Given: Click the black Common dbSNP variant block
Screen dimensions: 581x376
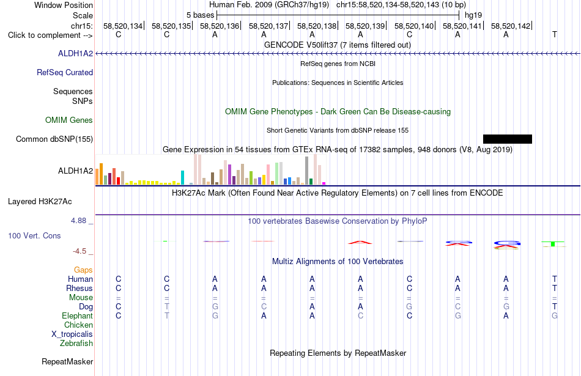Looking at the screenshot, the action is pos(507,139).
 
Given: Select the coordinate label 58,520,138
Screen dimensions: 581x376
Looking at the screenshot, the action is pos(316,26).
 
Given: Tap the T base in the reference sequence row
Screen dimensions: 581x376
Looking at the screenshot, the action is pos(554,34).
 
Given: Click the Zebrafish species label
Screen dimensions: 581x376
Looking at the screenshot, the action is pos(76,343).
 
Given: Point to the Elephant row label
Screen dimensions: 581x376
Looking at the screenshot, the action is pos(77,315).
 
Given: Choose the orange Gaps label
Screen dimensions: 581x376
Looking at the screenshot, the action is pos(83,270).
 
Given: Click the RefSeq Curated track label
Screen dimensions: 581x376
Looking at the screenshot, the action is pos(65,72).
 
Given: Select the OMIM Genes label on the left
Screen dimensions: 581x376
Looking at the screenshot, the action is pos(69,120).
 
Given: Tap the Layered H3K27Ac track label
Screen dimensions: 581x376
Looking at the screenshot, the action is pos(40,202).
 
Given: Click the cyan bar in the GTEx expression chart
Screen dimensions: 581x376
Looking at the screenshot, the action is pos(182,177).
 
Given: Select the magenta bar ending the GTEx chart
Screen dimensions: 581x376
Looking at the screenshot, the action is pos(324,183).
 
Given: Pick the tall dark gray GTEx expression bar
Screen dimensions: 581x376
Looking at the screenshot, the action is pos(307,171).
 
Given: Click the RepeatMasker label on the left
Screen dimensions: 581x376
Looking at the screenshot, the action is pos(67,361).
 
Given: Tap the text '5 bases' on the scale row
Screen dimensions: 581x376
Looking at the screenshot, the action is pos(200,15).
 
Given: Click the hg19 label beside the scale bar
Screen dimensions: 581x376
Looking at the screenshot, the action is pos(473,15).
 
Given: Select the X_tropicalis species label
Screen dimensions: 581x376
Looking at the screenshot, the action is pos(72,334).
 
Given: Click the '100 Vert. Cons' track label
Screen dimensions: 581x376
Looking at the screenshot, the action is pos(34,235).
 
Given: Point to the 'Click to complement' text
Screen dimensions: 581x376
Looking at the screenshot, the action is pos(44,35).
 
